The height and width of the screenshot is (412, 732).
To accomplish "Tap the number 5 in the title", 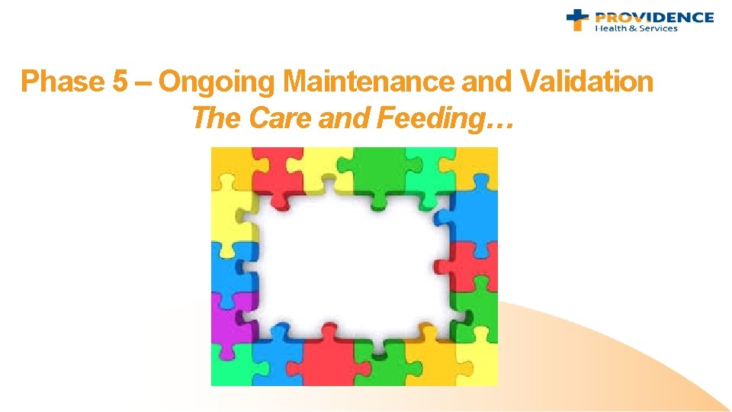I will [x=120, y=82].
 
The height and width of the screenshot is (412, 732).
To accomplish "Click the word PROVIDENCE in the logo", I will [x=654, y=17].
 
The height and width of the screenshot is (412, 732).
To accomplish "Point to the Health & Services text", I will [x=636, y=29].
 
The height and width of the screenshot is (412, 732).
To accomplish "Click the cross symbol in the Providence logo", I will [x=577, y=20].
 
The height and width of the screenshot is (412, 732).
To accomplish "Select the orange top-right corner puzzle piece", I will [x=478, y=166].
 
